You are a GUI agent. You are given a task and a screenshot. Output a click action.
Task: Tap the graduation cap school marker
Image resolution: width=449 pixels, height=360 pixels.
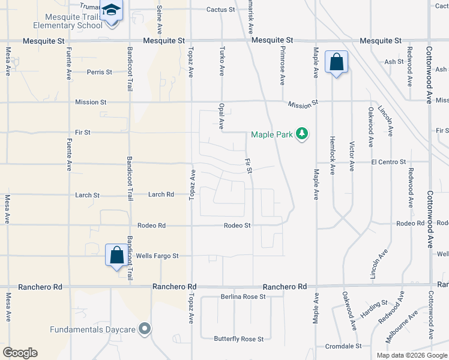111,11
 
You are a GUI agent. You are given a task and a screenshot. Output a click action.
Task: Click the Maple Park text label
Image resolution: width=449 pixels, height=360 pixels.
272,134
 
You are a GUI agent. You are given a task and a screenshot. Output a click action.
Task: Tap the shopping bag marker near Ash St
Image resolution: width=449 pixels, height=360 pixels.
336,62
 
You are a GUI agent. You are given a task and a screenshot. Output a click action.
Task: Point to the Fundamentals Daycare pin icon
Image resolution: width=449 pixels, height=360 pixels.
145,328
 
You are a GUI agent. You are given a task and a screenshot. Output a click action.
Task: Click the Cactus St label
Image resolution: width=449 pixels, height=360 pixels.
220,10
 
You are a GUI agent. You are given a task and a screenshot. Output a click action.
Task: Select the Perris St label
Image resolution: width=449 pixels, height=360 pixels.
100,72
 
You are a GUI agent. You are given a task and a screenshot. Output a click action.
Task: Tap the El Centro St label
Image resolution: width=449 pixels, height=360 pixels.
389,162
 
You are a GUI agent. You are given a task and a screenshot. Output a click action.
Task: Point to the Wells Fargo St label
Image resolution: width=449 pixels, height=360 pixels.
157,256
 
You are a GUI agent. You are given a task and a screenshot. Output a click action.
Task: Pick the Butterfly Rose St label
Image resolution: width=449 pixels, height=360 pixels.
239,339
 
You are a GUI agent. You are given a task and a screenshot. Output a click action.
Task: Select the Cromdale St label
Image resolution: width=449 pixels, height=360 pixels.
343,346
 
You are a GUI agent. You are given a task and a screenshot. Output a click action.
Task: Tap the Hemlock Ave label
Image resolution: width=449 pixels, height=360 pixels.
332,155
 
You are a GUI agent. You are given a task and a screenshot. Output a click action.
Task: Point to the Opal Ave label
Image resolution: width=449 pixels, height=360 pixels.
221,116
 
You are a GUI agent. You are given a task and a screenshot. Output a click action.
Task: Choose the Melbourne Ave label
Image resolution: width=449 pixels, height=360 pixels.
402,326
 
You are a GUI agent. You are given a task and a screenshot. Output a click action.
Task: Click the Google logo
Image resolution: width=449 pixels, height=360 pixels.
20,353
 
